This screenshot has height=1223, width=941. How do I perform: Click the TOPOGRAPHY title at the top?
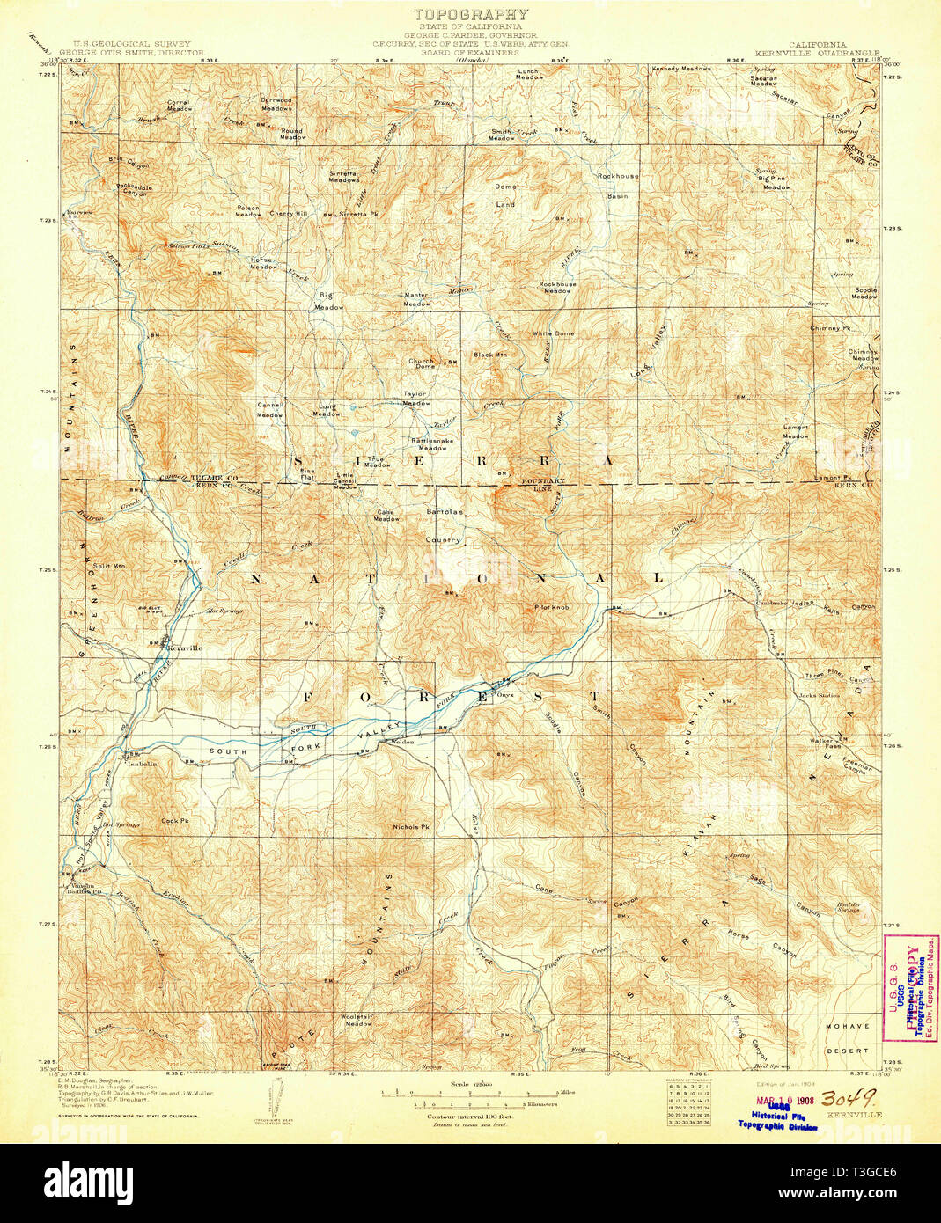click(x=471, y=14)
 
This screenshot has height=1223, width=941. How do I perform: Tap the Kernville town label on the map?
click(x=184, y=648)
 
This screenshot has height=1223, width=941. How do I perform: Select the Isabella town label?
click(x=142, y=764)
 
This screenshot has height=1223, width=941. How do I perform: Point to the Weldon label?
click(x=402, y=742)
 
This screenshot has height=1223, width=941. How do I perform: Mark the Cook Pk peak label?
click(x=174, y=821)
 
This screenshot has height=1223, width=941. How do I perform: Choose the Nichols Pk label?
click(x=411, y=827)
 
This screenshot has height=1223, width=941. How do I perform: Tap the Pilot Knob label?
click(x=552, y=607)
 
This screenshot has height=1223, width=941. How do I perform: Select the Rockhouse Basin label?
click(x=618, y=186)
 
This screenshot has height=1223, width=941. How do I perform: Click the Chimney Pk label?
click(x=829, y=328)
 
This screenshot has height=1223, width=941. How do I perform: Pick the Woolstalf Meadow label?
click(x=357, y=1020)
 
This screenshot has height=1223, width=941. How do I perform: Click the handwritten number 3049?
click(x=848, y=1099)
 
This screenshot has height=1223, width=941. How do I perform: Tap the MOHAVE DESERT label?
click(x=847, y=1038)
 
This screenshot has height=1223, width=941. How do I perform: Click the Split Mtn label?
click(x=109, y=566)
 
